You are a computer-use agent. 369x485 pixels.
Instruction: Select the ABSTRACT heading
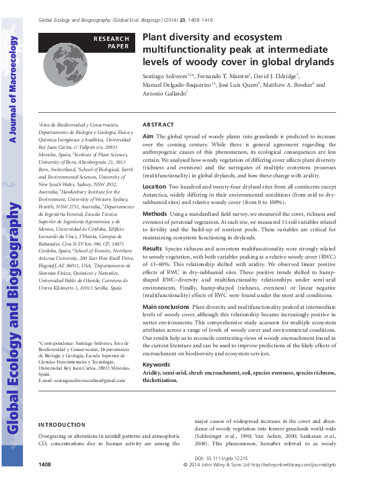[x=158, y=124]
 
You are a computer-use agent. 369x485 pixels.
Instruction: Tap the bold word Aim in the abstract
[x=148, y=135]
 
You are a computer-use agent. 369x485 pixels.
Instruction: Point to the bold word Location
[x=154, y=186]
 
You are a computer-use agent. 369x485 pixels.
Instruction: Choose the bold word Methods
[x=155, y=214]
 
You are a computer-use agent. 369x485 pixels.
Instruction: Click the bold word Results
[x=153, y=247]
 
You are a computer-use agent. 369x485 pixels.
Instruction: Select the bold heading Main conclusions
[x=166, y=306]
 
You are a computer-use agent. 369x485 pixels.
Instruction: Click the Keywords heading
[x=156, y=364]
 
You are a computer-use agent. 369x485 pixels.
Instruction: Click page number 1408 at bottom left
[x=45, y=465]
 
